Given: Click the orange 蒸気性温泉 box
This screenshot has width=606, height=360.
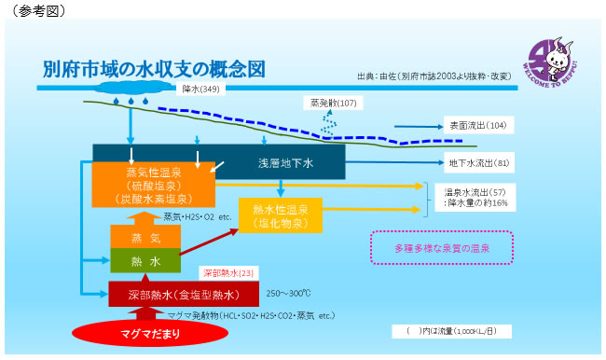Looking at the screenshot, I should (x=154, y=185).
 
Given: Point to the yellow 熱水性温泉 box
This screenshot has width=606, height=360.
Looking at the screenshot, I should (x=281, y=215).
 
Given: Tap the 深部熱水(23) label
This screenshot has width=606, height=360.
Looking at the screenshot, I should (x=227, y=274).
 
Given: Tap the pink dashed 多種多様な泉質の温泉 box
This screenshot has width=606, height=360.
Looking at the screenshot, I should (x=442, y=248).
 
